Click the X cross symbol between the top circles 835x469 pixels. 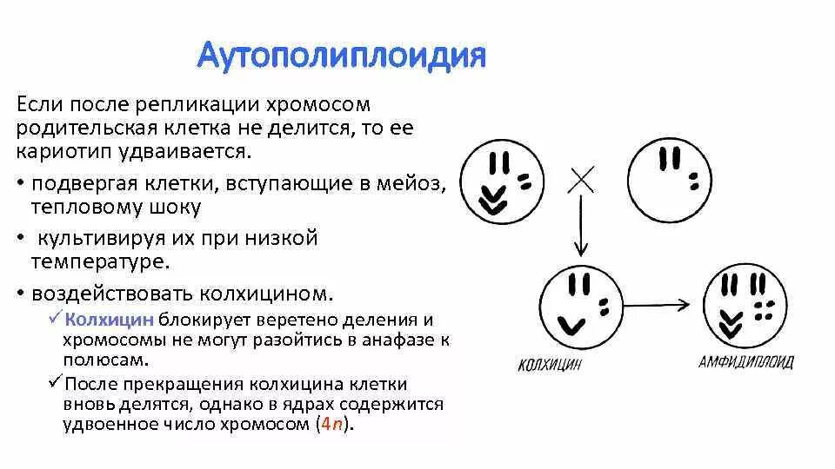[x=581, y=180]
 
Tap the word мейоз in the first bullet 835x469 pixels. [x=414, y=184]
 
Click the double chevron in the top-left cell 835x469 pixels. [x=493, y=199]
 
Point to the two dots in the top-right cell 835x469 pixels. [x=694, y=182]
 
